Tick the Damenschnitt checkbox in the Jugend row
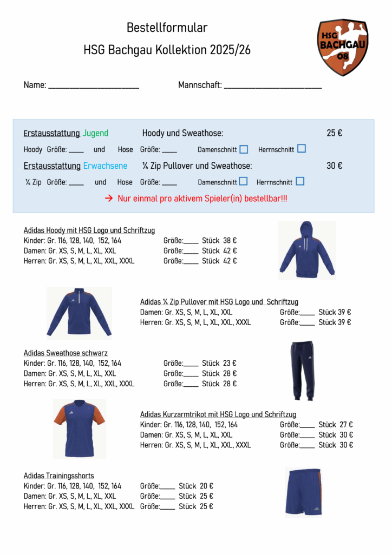click(244, 149)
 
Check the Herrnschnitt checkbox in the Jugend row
click(302, 149)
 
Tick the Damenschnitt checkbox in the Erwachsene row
click(244, 181)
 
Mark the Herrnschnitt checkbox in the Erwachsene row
click(300, 181)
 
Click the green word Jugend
click(95, 133)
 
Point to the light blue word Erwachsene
click(106, 166)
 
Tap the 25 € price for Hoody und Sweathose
click(334, 133)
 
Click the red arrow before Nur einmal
click(108, 199)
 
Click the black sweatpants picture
click(302, 370)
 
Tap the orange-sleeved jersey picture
click(79, 428)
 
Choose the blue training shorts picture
click(303, 492)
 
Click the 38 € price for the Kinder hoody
click(230, 241)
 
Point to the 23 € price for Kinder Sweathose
click(230, 364)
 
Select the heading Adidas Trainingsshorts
click(58, 476)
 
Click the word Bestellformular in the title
click(167, 28)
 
